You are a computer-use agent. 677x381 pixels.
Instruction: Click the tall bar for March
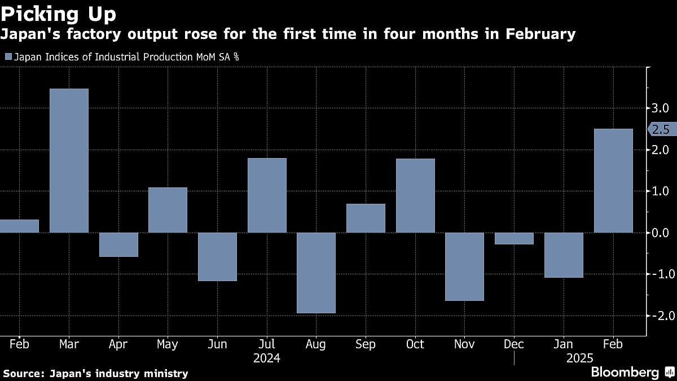click(69, 160)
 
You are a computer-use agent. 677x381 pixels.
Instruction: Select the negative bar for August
click(316, 273)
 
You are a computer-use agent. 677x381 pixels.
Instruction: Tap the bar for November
click(464, 266)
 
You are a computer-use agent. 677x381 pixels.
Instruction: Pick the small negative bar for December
click(514, 238)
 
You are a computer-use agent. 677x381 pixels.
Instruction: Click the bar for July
click(267, 195)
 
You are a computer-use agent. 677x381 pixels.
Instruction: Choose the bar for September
click(366, 218)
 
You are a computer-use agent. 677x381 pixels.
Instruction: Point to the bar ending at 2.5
click(613, 181)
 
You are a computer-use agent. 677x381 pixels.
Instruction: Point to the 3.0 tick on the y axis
click(660, 108)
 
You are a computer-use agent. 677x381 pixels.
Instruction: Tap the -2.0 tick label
click(659, 316)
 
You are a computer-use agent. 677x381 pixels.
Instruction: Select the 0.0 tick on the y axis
click(660, 233)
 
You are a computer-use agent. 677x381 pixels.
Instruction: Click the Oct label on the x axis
click(415, 344)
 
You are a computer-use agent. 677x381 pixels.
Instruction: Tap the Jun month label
click(217, 344)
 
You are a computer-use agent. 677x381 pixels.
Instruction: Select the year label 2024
click(267, 358)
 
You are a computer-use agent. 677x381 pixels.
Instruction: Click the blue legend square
click(8, 56)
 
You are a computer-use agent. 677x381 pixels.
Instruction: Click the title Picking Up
click(59, 14)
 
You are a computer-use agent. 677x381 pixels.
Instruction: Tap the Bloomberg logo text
click(625, 372)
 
